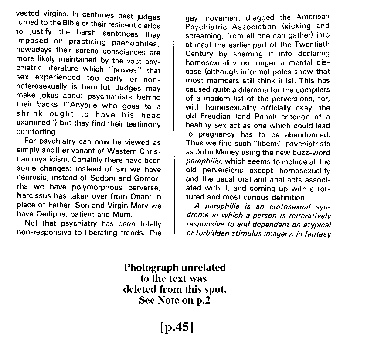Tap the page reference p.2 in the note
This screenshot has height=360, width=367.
point(201,300)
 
